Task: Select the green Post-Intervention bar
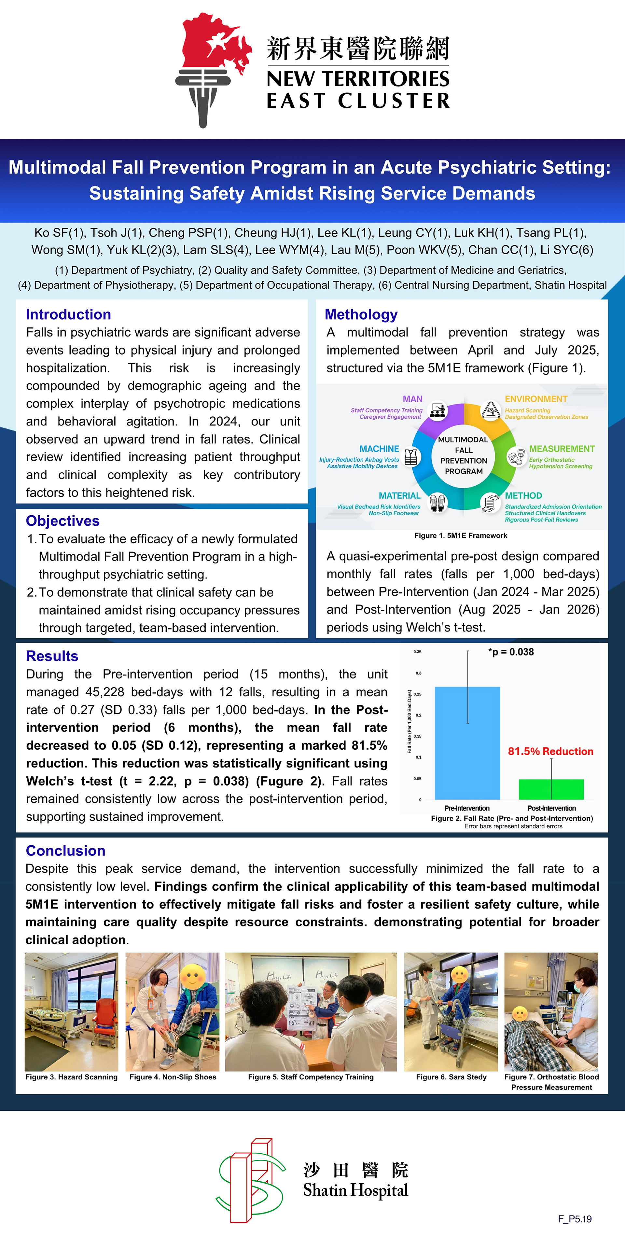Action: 551,789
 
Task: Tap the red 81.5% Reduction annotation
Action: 550,752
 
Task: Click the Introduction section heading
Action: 68,314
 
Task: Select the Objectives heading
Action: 62,521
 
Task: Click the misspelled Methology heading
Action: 361,314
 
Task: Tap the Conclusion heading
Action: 65,851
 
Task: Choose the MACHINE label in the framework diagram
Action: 379,449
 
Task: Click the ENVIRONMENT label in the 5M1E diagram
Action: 536,399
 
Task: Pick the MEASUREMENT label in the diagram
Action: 562,449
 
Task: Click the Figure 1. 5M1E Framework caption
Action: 461,536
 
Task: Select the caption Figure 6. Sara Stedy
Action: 451,1077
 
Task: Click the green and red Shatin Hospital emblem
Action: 251,1180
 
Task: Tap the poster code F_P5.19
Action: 575,1218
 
